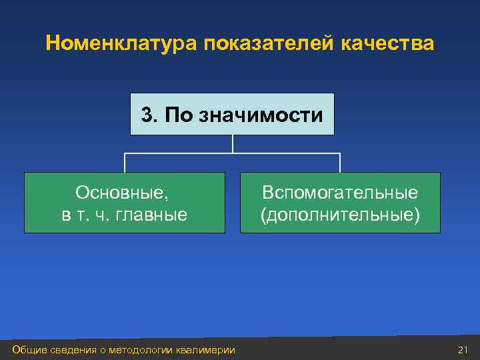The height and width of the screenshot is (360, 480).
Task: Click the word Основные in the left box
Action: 123,193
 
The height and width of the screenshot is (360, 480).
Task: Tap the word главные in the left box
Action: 157,215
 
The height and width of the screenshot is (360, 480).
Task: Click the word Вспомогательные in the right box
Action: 340,193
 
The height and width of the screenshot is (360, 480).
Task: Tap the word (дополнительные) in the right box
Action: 340,215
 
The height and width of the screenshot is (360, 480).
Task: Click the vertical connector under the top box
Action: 232,144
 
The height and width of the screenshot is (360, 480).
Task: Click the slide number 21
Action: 463,349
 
